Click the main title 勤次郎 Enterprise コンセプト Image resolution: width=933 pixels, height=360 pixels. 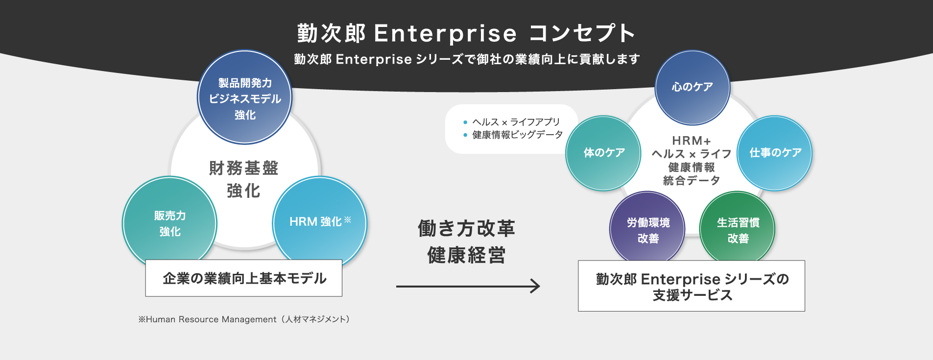tap(466, 33)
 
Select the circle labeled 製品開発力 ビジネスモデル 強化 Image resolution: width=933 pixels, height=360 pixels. tap(245, 97)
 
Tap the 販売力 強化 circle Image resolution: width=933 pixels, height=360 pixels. tap(169, 223)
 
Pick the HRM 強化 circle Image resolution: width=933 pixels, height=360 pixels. tap(320, 222)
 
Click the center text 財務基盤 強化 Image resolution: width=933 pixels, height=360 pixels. tap(244, 179)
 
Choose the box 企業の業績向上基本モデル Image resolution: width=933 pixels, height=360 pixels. tap(244, 278)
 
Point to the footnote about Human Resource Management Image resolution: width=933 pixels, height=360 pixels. tap(244, 319)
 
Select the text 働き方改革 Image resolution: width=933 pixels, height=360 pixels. tap(466, 228)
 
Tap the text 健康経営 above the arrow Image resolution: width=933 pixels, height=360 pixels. tap(466, 255)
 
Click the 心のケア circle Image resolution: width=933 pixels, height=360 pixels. tap(693, 88)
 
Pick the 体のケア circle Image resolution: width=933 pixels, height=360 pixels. tap(604, 153)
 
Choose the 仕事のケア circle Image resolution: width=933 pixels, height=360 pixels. tap(775, 153)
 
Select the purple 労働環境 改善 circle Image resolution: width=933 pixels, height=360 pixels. tap(648, 228)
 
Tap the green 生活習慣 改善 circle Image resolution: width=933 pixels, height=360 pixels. tap(738, 228)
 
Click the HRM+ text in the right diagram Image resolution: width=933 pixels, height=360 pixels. tap(692, 141)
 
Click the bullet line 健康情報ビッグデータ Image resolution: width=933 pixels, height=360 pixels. tap(513, 135)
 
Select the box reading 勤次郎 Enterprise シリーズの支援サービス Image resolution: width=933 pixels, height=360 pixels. tap(692, 286)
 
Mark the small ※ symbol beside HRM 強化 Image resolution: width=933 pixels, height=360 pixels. tap(348, 219)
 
